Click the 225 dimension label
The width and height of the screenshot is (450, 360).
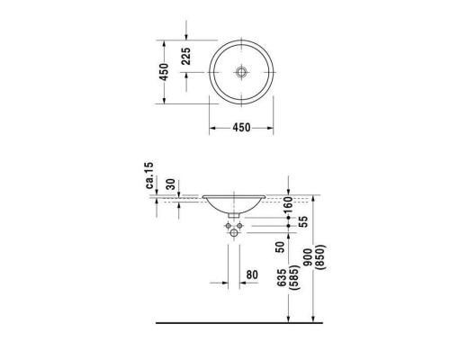(x=186, y=56)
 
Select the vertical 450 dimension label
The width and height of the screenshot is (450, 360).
(x=164, y=72)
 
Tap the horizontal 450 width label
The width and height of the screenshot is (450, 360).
(x=241, y=128)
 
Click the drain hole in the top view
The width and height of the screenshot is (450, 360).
(x=241, y=72)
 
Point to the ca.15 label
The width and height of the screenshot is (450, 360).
(x=149, y=175)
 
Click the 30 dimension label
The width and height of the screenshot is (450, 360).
(x=171, y=184)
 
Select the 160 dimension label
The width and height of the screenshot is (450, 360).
(x=288, y=203)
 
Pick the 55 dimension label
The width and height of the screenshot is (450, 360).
(x=304, y=221)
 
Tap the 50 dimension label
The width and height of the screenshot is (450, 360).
(x=280, y=247)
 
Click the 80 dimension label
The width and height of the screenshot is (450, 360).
(x=252, y=274)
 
